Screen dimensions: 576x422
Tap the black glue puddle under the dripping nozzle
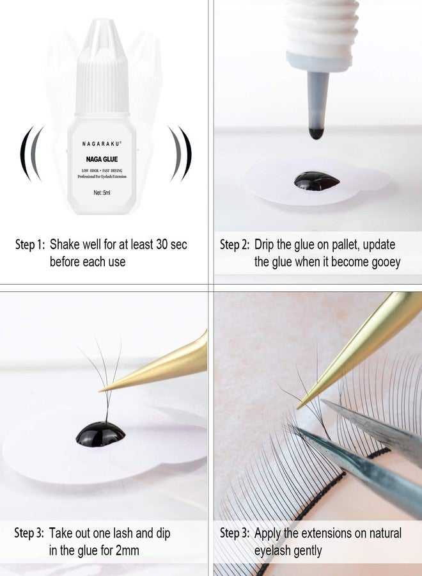point(316,180)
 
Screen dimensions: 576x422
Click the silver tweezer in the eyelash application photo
point(377,426)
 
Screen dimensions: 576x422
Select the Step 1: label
point(29,244)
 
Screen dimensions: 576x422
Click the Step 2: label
point(235,244)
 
